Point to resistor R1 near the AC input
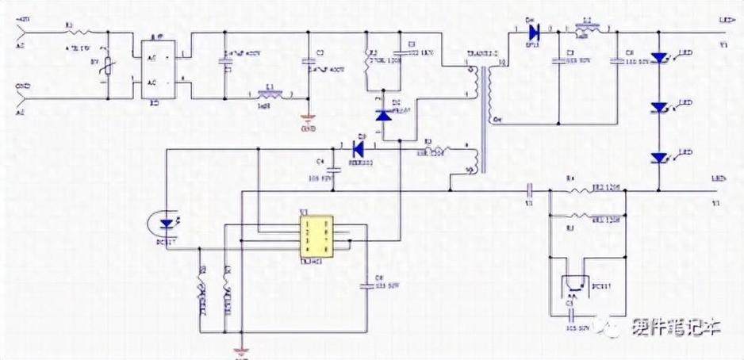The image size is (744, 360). click(x=74, y=33)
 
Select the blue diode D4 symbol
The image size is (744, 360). click(x=532, y=33)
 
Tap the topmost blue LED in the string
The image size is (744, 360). click(x=658, y=59)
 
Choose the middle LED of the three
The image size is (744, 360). click(x=658, y=107)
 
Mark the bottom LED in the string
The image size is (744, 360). click(x=658, y=158)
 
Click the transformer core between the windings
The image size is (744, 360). click(x=482, y=119)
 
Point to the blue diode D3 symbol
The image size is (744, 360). click(x=357, y=147)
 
